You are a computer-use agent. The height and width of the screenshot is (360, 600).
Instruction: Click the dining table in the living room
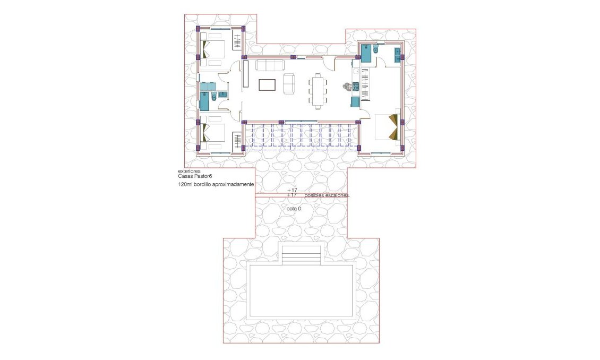coord(318,91)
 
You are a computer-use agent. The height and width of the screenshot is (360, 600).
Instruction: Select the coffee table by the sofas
coord(267,84)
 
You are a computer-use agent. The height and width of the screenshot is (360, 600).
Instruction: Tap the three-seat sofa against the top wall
coord(270,65)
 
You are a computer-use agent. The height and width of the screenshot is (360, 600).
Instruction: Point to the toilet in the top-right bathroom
coord(375,50)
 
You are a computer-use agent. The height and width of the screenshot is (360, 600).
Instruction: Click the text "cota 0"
coord(294,209)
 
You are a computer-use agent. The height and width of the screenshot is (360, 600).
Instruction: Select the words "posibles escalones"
coord(327,195)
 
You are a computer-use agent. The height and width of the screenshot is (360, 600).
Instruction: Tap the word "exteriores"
coord(190,172)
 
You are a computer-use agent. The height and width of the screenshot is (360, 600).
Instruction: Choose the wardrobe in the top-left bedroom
coord(237,42)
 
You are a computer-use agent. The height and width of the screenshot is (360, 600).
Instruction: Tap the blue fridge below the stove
coord(355,101)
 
